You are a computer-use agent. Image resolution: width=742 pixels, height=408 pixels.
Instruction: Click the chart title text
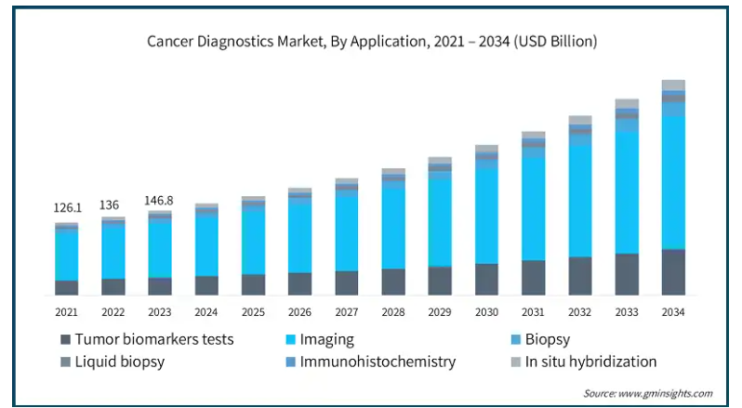(372, 42)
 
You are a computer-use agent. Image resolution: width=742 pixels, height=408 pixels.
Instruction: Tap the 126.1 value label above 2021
(66, 208)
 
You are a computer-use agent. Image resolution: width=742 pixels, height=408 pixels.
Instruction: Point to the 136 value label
(113, 204)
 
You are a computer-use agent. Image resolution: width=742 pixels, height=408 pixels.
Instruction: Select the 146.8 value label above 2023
(160, 200)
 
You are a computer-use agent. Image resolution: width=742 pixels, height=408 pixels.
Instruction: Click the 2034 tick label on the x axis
(673, 312)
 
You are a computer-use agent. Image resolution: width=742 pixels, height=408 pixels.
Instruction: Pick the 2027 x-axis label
(347, 312)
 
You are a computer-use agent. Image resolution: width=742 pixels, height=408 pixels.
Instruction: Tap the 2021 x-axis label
(66, 312)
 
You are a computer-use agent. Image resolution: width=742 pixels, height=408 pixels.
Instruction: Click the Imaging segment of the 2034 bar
(673, 182)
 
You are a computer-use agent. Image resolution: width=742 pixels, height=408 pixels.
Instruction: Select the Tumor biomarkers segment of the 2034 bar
(673, 272)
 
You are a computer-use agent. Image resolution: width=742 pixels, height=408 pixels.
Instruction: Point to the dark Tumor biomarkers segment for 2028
(393, 282)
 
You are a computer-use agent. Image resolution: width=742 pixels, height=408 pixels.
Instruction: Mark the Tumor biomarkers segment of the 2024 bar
(206, 285)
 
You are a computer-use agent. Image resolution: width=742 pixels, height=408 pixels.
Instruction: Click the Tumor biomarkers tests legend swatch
(65, 340)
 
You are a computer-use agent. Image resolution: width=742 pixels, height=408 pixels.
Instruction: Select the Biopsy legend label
(548, 340)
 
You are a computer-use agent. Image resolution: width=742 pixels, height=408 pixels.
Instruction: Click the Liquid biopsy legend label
(120, 362)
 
